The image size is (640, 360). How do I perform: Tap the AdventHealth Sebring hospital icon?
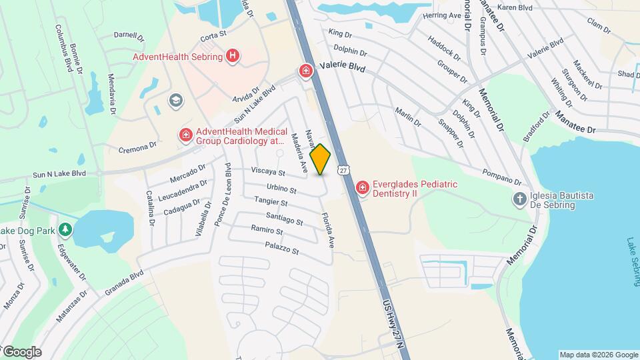[232, 56]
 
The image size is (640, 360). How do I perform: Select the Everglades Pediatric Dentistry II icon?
[363, 189]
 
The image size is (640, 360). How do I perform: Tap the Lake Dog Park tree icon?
[65, 230]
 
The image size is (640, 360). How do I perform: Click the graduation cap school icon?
[176, 101]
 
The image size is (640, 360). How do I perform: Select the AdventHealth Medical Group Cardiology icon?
[185, 136]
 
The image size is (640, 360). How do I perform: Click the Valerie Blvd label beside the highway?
[343, 67]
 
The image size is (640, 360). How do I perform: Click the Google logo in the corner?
[21, 351]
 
